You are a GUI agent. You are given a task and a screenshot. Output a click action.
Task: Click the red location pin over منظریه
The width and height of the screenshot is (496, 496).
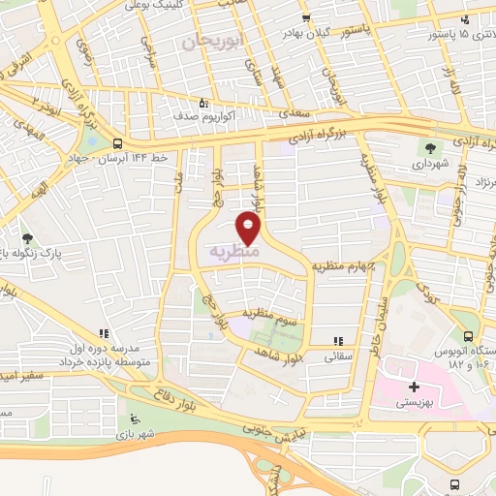coord(249,228)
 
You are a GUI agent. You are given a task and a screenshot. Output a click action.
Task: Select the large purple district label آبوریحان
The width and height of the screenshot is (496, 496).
coord(209,40)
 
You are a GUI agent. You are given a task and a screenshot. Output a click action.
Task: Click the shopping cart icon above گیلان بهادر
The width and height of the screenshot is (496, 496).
coord(305,18)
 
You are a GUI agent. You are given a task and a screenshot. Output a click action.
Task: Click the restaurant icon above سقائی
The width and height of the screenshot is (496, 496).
coord(338,341)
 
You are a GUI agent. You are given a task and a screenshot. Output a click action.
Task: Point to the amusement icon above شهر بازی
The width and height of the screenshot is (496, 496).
coord(133,419)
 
